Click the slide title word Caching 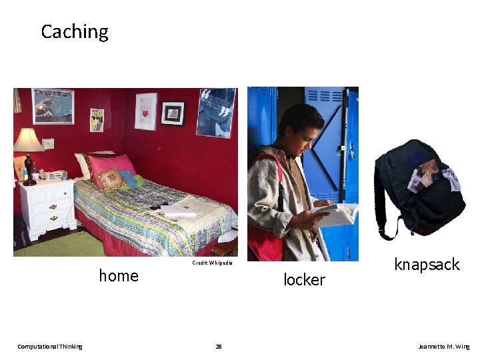tap(74, 31)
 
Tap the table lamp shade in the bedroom tap(28, 141)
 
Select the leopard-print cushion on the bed tap(110, 179)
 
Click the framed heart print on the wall tap(145, 111)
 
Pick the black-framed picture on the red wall tap(173, 113)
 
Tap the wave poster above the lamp tap(53, 106)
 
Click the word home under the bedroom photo tap(119, 275)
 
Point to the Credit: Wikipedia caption tap(211, 263)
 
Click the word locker tap(304, 280)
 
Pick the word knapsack tap(427, 265)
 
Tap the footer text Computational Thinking tap(50, 347)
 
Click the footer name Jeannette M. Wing tap(443, 347)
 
